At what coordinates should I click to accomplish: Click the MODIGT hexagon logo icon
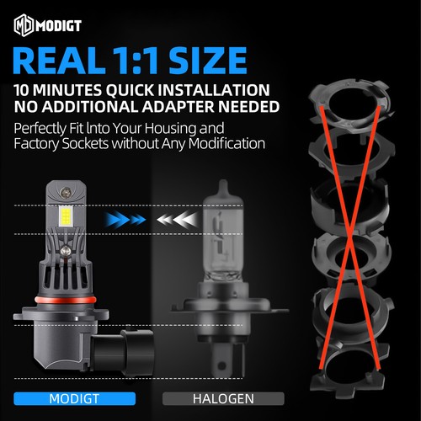[24, 25]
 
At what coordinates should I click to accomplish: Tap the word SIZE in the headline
[208, 61]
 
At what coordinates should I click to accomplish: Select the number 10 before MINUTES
[21, 90]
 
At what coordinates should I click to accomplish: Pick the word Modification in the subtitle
[226, 144]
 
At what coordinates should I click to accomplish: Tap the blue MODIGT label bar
[75, 398]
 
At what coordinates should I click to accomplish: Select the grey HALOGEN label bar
[223, 398]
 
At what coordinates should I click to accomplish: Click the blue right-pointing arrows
[125, 219]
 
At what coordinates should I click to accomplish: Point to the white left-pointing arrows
[177, 219]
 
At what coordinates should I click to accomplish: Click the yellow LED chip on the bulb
[65, 216]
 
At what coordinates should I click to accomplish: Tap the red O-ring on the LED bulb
[66, 299]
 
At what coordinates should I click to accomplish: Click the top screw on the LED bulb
[66, 193]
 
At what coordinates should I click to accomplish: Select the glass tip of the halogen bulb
[223, 188]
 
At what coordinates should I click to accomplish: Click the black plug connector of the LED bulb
[124, 349]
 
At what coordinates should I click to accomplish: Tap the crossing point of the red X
[350, 237]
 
